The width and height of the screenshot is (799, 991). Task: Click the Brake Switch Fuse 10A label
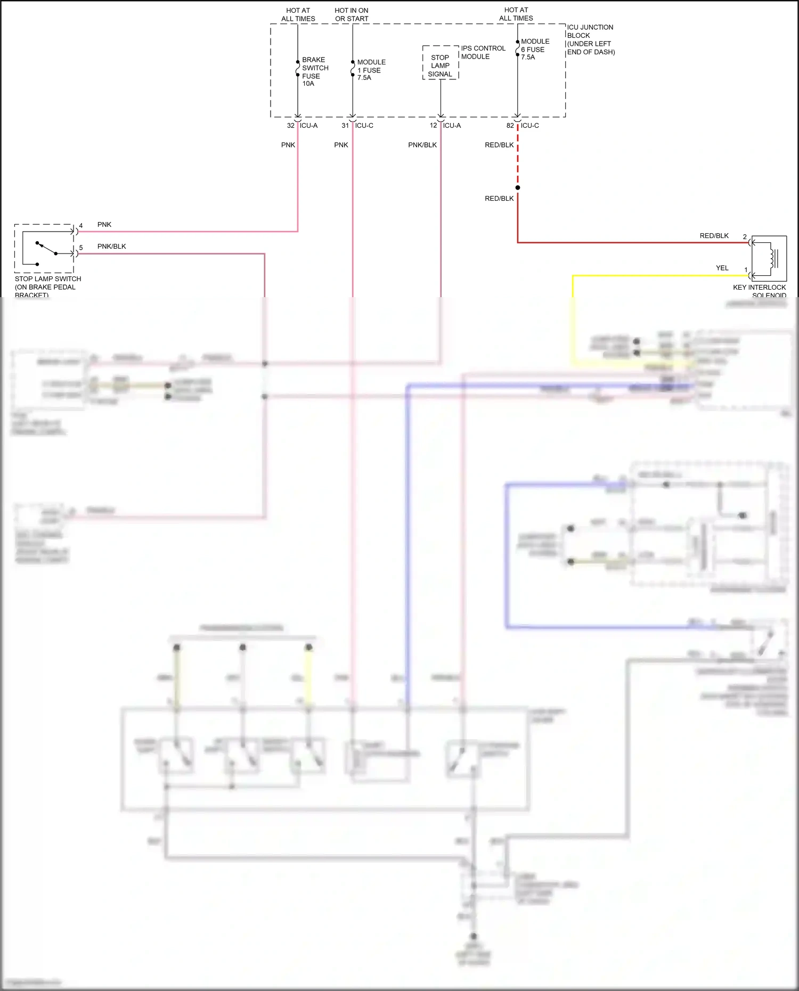click(314, 71)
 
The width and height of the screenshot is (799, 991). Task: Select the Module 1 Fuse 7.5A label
click(371, 70)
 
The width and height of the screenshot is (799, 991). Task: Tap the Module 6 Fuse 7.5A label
click(534, 49)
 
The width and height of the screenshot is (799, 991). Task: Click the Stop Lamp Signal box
click(441, 65)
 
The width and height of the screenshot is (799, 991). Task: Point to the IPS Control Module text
click(483, 52)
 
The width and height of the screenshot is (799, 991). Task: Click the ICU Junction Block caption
click(590, 39)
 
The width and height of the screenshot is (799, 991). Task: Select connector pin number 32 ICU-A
click(291, 126)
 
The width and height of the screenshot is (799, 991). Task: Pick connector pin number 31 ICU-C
click(345, 126)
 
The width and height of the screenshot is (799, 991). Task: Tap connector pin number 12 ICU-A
click(434, 126)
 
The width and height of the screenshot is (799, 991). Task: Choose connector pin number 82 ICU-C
click(510, 126)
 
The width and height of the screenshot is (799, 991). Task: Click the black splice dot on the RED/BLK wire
click(518, 187)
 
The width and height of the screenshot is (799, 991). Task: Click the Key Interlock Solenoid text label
click(759, 291)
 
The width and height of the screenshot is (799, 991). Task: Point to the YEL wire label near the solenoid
click(722, 268)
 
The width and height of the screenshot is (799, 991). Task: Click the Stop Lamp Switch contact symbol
click(46, 249)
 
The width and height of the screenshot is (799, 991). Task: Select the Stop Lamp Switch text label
click(47, 286)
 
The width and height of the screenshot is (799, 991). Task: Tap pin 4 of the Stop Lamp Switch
click(81, 226)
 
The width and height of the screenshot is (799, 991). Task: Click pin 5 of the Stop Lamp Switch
click(81, 248)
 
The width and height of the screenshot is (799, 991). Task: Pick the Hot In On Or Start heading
click(352, 14)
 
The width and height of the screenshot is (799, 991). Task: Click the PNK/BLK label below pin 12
click(422, 145)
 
